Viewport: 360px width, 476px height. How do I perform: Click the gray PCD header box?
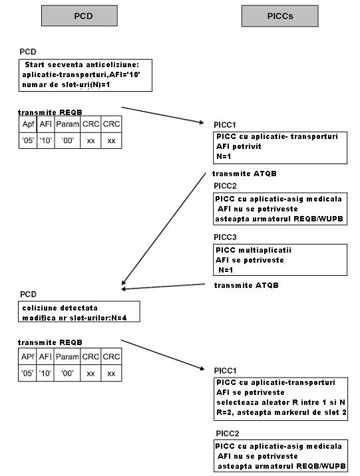click(79, 16)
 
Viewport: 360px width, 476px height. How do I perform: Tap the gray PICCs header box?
click(279, 16)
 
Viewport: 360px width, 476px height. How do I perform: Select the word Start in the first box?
click(35, 64)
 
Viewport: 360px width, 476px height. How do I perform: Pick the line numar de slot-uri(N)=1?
click(66, 84)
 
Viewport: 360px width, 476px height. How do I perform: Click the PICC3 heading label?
click(225, 237)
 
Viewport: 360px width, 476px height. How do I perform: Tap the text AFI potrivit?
click(239, 146)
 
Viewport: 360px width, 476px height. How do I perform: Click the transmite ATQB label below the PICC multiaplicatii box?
click(246, 285)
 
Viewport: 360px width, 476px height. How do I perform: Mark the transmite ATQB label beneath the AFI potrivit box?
click(245, 174)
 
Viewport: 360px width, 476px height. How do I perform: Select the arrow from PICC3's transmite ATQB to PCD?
click(164, 287)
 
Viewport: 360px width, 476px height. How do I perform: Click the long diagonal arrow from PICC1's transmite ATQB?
click(164, 229)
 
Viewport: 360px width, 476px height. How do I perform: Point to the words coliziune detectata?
click(60, 308)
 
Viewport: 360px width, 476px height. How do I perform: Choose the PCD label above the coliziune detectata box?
click(28, 294)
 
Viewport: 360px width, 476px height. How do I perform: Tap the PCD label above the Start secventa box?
click(28, 52)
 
